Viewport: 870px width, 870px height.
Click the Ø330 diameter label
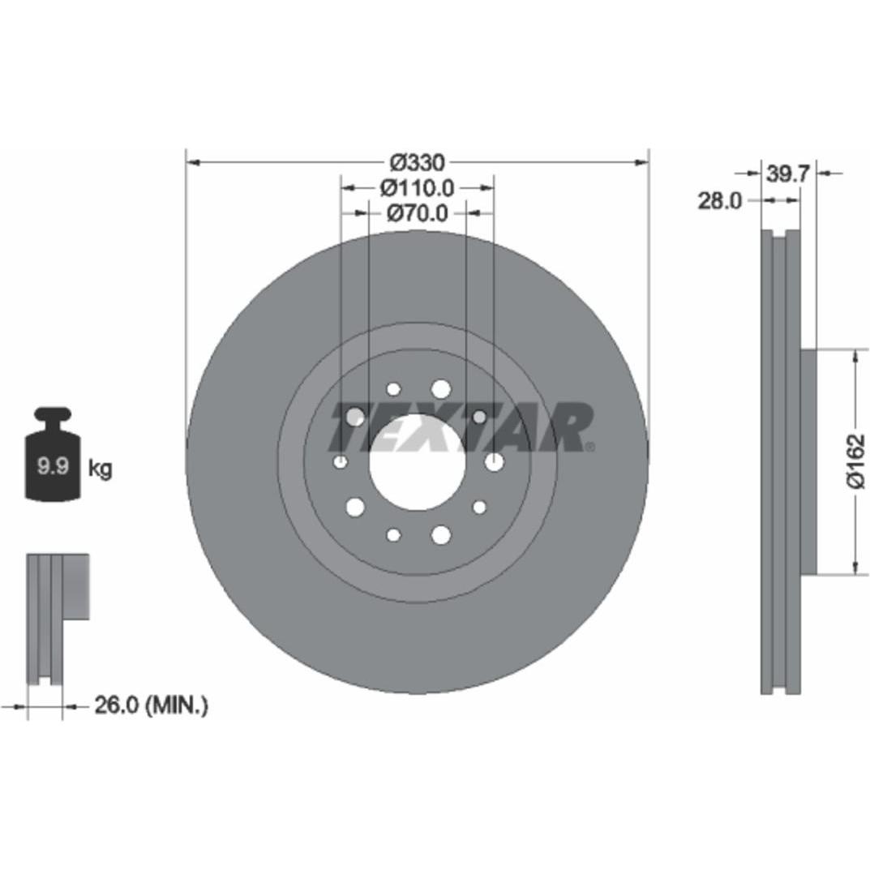418,163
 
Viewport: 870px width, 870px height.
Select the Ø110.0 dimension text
418,189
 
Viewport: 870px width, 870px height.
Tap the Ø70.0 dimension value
418,213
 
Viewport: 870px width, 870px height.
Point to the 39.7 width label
788,174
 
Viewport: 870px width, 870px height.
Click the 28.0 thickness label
720,201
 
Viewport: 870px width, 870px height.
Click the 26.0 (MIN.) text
152,705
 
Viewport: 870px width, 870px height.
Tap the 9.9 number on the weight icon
53,466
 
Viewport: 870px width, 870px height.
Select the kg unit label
101,469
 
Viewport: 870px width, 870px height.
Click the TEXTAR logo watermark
461,427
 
